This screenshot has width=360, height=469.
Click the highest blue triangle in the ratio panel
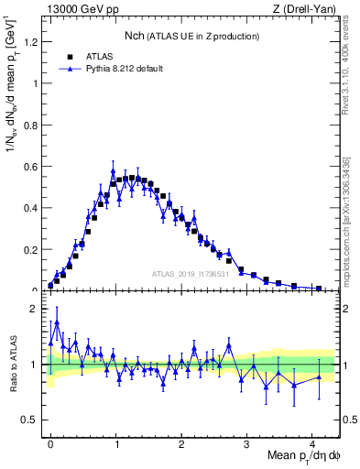[x=57, y=322]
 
